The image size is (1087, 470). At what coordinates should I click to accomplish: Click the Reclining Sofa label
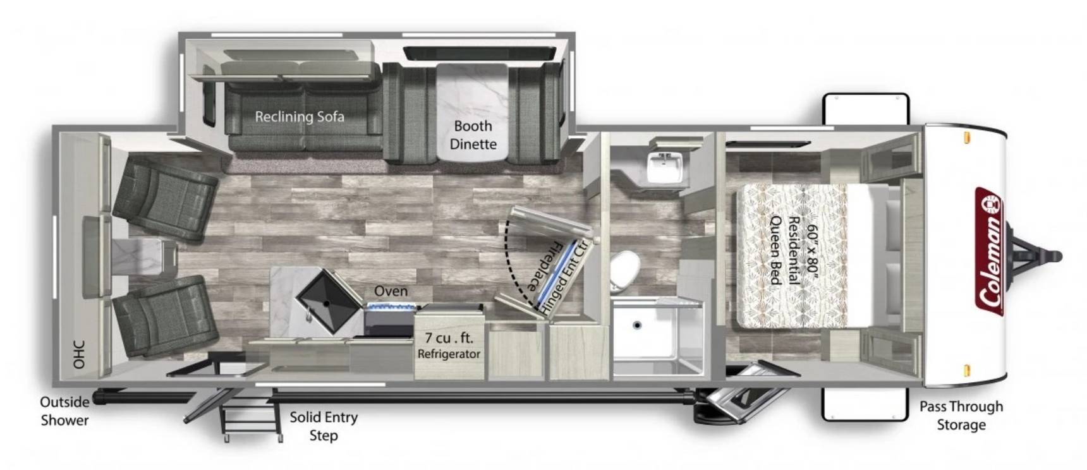(x=300, y=116)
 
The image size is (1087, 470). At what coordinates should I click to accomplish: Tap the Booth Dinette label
(x=473, y=135)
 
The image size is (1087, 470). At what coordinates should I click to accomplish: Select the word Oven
(x=391, y=291)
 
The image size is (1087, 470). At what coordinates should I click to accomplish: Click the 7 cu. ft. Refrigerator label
(x=449, y=346)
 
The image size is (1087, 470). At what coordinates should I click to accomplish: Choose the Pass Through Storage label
(x=961, y=415)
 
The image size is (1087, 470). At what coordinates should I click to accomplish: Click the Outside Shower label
(x=64, y=411)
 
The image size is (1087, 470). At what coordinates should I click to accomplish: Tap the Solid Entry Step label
(x=324, y=426)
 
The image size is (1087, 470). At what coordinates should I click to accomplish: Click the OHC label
(x=78, y=355)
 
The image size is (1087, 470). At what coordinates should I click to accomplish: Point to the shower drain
(x=637, y=326)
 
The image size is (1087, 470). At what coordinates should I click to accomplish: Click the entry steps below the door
(x=251, y=414)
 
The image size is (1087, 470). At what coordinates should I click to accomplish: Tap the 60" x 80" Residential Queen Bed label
(x=794, y=250)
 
